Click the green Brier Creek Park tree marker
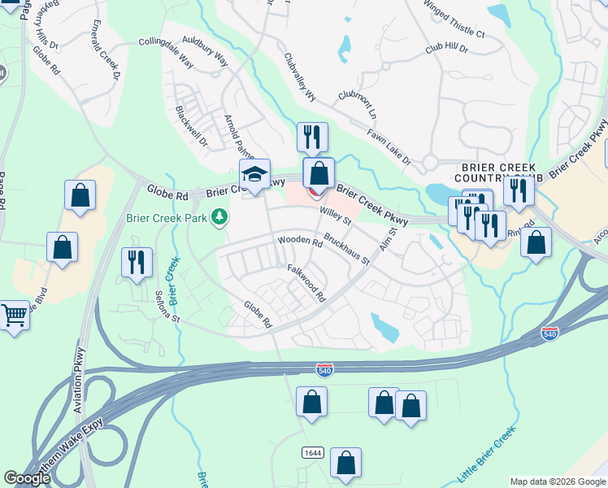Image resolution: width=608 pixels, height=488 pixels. (x=219, y=217)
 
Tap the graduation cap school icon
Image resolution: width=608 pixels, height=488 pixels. (x=254, y=175)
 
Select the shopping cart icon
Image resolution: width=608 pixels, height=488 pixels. (x=14, y=314)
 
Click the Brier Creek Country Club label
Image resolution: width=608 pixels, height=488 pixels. (x=486, y=172)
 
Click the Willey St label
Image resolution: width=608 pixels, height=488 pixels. (x=335, y=216)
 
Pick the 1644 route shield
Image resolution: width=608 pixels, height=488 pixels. (x=311, y=452)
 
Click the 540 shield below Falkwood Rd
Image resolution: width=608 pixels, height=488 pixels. (x=324, y=370)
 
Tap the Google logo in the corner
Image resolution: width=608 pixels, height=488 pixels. (x=28, y=478)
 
